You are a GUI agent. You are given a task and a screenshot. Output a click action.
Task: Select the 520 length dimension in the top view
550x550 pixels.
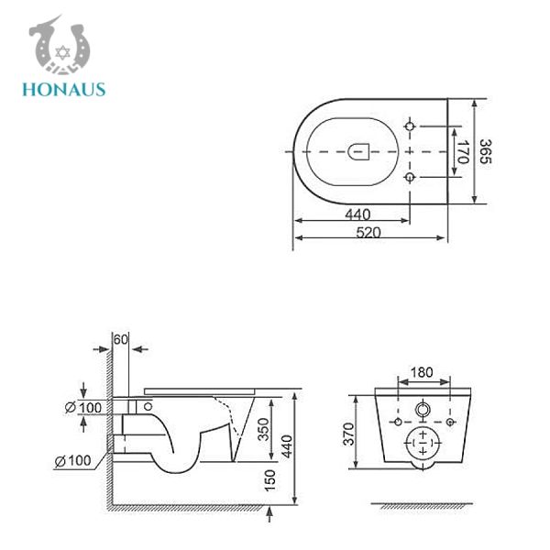tap(370, 233)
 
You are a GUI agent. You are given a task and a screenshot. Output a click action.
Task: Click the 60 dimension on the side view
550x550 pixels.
tap(119, 339)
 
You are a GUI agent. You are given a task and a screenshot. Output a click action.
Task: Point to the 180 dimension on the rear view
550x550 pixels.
tap(422, 372)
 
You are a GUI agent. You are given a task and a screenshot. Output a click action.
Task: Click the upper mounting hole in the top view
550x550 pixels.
tap(411, 124)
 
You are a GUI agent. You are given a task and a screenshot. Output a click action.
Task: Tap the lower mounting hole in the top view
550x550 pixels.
tap(411, 174)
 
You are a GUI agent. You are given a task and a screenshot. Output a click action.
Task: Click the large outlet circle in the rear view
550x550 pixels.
tap(423, 442)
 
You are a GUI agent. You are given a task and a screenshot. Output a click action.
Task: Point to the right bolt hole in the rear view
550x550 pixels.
tap(450, 422)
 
